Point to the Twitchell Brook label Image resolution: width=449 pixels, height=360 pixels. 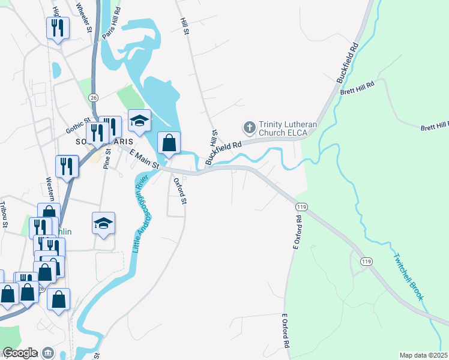[x=409, y=277]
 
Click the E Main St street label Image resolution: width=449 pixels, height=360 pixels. [x=144, y=160]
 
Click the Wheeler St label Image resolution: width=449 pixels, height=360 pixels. [x=83, y=16]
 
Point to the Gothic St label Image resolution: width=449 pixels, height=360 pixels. [x=77, y=125]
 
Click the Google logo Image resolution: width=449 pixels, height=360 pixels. [x=20, y=353]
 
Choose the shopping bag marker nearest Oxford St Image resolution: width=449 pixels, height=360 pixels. [x=169, y=143]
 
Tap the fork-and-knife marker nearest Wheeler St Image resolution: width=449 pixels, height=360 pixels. [x=58, y=28]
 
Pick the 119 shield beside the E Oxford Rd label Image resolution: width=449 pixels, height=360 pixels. [x=301, y=206]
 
